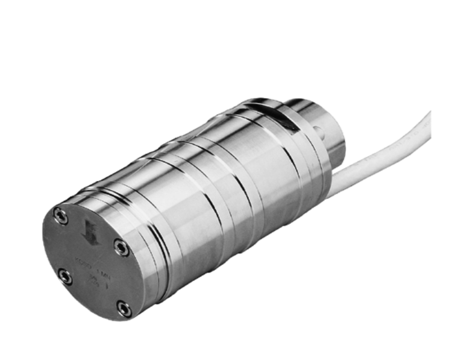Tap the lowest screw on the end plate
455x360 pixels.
(x=124, y=310)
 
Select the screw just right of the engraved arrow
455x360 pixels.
(x=121, y=247)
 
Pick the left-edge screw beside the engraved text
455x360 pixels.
(x=64, y=277)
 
